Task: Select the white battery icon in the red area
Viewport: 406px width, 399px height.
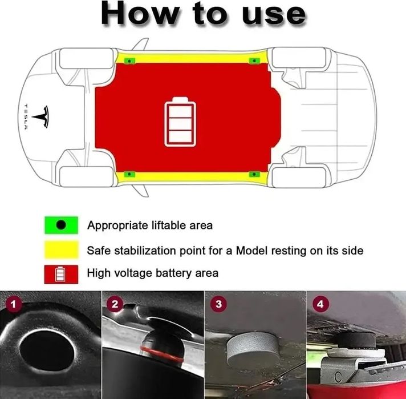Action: point(180,122)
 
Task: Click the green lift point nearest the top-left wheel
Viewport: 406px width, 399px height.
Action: point(130,60)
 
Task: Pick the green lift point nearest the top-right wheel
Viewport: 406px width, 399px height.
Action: point(253,60)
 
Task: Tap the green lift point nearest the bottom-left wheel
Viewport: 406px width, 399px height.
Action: point(130,172)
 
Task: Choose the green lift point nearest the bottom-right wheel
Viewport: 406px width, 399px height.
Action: point(253,172)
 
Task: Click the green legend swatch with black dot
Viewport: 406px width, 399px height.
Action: point(60,225)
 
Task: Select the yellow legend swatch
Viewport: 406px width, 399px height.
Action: point(60,250)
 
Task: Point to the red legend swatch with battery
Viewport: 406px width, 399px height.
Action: point(60,274)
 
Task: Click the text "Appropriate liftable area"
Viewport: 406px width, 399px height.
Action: point(149,225)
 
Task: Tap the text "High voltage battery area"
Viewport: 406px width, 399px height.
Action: point(152,273)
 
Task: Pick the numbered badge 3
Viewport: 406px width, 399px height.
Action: point(217,304)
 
